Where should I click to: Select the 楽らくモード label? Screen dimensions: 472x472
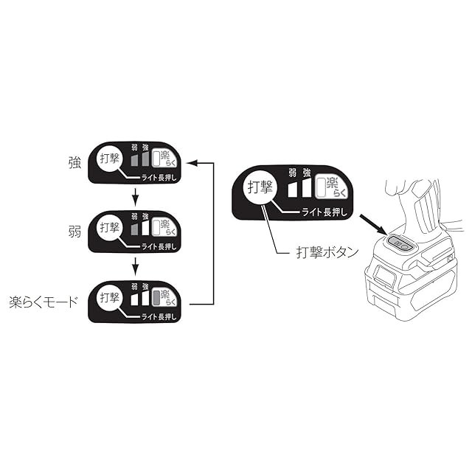point(43,302)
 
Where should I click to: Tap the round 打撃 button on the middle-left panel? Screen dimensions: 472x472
point(109,229)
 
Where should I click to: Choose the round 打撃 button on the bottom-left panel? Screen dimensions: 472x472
point(109,299)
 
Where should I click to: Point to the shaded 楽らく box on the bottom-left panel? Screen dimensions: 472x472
point(160,298)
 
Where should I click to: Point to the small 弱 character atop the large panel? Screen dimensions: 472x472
point(293,172)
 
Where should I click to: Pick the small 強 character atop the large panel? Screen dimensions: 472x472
point(306,172)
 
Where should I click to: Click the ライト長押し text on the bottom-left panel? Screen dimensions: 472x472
point(157,316)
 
